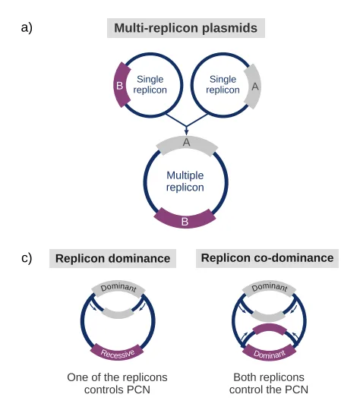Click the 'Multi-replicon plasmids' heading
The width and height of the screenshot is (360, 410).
186,28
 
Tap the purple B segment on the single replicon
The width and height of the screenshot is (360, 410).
120,85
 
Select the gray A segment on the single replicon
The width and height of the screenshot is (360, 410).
253,87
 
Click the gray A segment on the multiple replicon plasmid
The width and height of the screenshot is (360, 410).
187,144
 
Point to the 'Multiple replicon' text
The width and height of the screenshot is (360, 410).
185,181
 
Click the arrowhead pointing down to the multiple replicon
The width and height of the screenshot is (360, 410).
186,131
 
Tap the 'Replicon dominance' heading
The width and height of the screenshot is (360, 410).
112,258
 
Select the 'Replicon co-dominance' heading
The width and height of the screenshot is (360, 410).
267,258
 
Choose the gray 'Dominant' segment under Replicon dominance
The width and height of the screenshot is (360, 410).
118,289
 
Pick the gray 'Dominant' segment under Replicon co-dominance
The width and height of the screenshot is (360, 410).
269,288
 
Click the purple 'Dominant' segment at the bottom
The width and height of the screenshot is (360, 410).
269,353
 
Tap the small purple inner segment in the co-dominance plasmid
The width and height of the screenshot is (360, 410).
269,328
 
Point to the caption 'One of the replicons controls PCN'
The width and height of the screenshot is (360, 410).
117,383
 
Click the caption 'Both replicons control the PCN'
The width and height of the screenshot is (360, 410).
269,383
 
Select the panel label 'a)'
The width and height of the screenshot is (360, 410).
27,27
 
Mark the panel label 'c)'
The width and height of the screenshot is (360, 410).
27,258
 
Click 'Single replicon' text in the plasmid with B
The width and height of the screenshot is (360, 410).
150,84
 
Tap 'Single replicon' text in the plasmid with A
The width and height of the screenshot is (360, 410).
223,84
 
